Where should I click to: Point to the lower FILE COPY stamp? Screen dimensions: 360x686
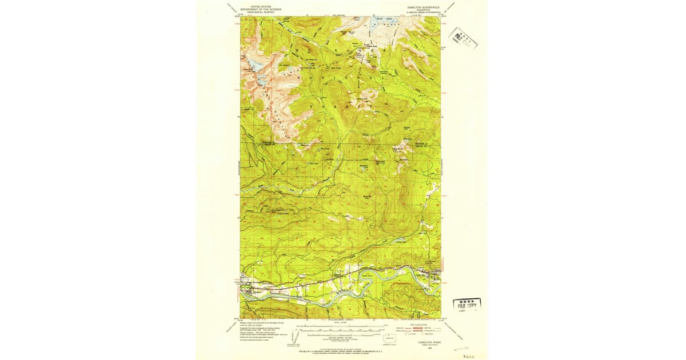(x=467, y=304)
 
